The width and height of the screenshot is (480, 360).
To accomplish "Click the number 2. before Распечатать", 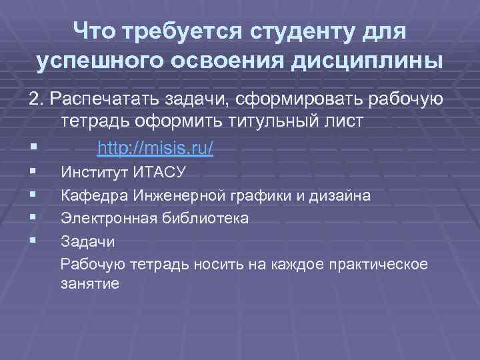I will pyautogui.click(x=35, y=100).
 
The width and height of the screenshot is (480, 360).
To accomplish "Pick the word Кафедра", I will pyautogui.click(x=92, y=196).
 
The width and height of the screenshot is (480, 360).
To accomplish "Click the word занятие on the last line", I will pyautogui.click(x=90, y=284).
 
